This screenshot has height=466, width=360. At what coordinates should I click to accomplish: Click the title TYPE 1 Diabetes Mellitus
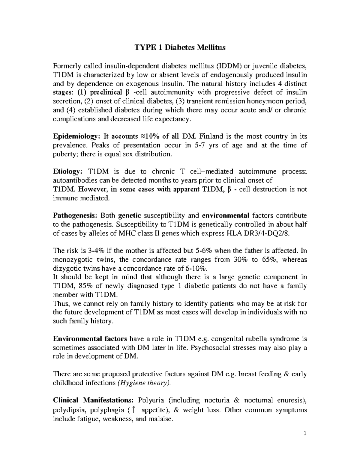point(180,47)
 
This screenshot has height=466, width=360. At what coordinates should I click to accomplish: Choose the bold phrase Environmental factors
point(90,339)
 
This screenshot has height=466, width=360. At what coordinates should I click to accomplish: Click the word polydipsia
point(67,410)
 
